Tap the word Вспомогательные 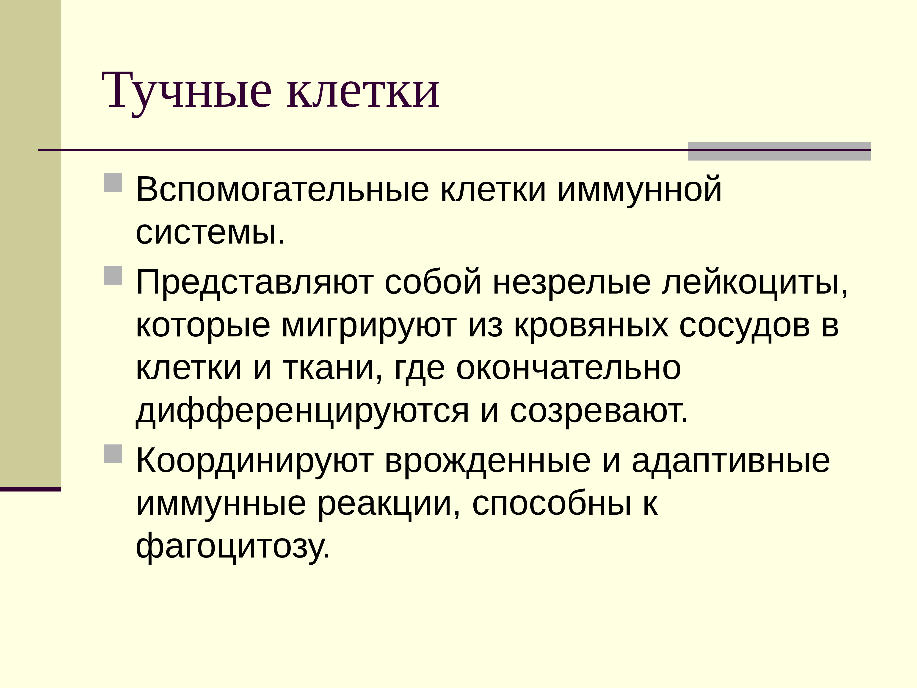tap(282, 190)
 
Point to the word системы tap(210, 233)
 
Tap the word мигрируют tap(369, 326)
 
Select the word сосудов tap(744, 326)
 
